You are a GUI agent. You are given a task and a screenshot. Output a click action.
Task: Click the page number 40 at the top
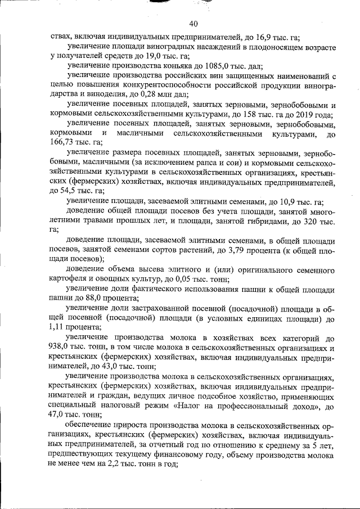pos(193,23)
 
